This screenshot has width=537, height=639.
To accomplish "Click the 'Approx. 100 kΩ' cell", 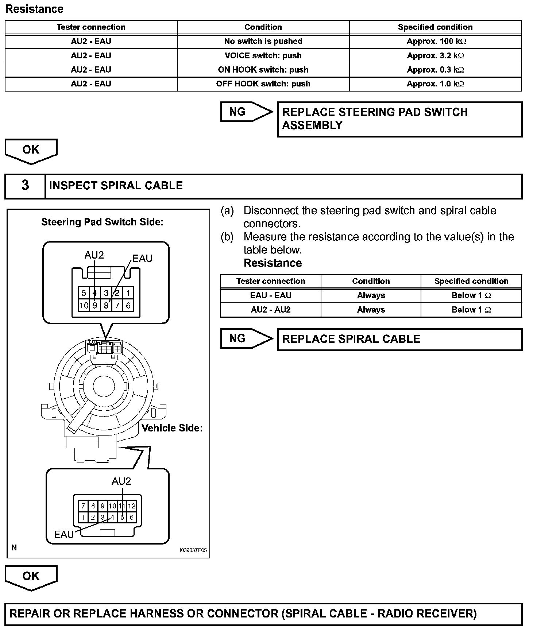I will point(436,41).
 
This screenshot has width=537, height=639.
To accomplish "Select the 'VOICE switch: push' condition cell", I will point(263,55).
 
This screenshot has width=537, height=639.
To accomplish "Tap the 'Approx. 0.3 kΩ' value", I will point(436,70).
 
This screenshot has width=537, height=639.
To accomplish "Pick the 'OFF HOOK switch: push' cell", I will point(263,84).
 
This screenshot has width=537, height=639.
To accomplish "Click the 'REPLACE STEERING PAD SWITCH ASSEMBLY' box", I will point(399,119).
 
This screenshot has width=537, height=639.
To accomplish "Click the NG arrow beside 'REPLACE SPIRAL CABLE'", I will point(246,338).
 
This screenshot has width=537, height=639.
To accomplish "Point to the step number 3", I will point(25,185).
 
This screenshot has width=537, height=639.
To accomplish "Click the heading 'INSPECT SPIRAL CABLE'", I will point(116,186).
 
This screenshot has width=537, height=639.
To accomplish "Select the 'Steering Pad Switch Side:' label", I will point(102,222).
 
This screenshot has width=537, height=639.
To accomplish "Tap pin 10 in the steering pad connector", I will point(84,305).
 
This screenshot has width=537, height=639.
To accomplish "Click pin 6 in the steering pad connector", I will point(128,305).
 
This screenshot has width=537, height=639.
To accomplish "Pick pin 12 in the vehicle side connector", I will point(132,506).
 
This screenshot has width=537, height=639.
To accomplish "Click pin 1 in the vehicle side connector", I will point(83,517).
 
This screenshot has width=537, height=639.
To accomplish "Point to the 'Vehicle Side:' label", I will point(172,428).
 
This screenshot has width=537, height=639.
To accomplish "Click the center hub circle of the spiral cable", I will point(104,385).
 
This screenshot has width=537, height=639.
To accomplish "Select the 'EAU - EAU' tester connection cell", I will point(270,295).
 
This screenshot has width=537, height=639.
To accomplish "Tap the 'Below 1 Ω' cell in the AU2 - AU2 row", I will point(471,310).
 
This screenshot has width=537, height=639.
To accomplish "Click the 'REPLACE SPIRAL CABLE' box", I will point(399,339).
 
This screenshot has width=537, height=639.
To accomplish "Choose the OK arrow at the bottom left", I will point(31,577).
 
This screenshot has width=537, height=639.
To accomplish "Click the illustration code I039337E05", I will point(193,550).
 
